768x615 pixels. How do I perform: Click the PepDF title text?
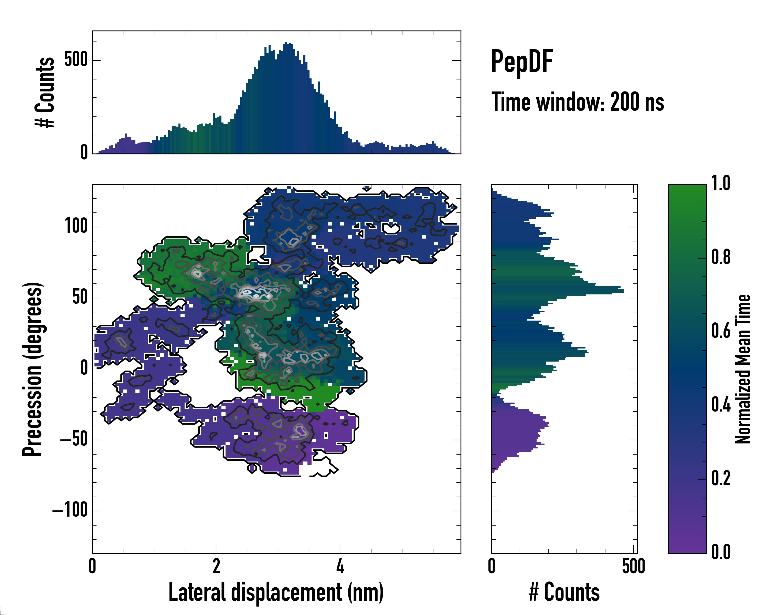(521, 62)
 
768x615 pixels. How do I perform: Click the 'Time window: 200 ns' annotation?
(578, 102)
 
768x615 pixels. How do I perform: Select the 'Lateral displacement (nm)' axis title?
(276, 592)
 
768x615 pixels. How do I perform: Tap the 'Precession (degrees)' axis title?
(33, 369)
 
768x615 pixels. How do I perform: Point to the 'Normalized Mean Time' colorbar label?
(743, 369)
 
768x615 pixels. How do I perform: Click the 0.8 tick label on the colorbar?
(721, 257)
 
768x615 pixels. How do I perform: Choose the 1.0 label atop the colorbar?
(721, 183)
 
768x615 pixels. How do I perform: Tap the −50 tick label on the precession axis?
(74, 439)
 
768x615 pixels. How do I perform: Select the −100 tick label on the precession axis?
(70, 510)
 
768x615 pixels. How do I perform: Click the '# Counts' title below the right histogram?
(564, 592)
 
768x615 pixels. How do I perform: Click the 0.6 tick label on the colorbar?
(721, 331)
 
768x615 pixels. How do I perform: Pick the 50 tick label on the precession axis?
(80, 297)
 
